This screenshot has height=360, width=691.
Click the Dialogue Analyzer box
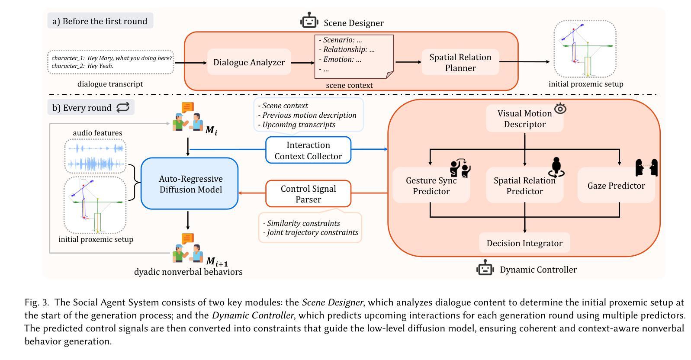tap(249, 62)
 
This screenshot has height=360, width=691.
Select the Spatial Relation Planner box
tap(460, 62)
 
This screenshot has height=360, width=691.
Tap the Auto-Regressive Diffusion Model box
tap(190, 184)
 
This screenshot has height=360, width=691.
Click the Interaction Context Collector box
tap(308, 150)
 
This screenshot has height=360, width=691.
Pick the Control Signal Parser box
tap(308, 194)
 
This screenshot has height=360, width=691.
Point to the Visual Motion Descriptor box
tap(524, 119)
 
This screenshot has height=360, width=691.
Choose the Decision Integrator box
tap(524, 243)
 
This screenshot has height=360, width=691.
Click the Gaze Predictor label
tap(616, 186)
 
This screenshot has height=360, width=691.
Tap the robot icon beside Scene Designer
tap(309, 20)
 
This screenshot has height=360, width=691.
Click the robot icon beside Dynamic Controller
tap(485, 268)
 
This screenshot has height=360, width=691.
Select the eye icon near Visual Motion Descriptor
tap(560, 109)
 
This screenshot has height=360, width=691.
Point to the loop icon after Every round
tap(123, 107)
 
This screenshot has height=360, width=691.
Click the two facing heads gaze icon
tap(646, 167)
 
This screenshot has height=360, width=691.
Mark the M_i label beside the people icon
tap(211, 130)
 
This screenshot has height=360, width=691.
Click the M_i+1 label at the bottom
tap(217, 261)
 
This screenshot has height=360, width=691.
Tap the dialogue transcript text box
tap(111, 62)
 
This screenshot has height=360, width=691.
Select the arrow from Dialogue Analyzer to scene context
tap(302, 63)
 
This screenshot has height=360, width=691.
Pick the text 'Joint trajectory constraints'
tap(312, 232)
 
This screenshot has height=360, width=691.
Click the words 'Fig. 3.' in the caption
tap(38, 302)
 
